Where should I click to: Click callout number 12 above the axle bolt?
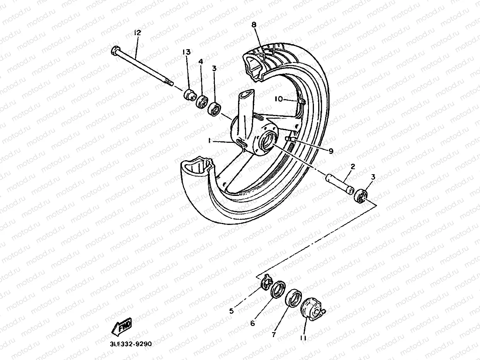pyautogui.click(x=137, y=33)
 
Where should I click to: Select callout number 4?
pyautogui.click(x=201, y=62)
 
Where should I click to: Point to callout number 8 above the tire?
pyautogui.click(x=254, y=25)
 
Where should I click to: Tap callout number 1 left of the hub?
pyautogui.click(x=209, y=142)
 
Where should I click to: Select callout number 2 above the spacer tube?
pyautogui.click(x=353, y=166)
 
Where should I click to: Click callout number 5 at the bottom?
pyautogui.click(x=231, y=310)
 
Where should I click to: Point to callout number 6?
pyautogui.click(x=252, y=323)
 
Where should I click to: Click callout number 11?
pyautogui.click(x=303, y=338)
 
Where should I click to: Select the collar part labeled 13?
pyautogui.click(x=190, y=94)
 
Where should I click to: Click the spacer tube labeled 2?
pyautogui.click(x=339, y=184)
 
